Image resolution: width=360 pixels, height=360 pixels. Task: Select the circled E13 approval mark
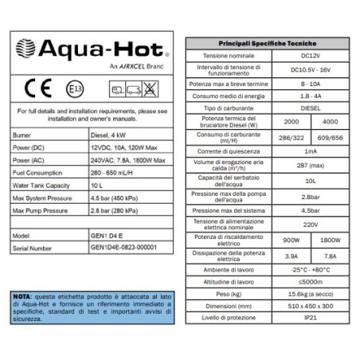[74, 88]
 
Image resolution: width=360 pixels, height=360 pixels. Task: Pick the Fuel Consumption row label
[40, 173]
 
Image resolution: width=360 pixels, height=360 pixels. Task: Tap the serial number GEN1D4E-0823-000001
[123, 248]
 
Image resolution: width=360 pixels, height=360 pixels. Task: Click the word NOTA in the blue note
[22, 296]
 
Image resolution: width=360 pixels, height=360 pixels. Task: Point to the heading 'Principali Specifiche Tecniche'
[267, 42]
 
